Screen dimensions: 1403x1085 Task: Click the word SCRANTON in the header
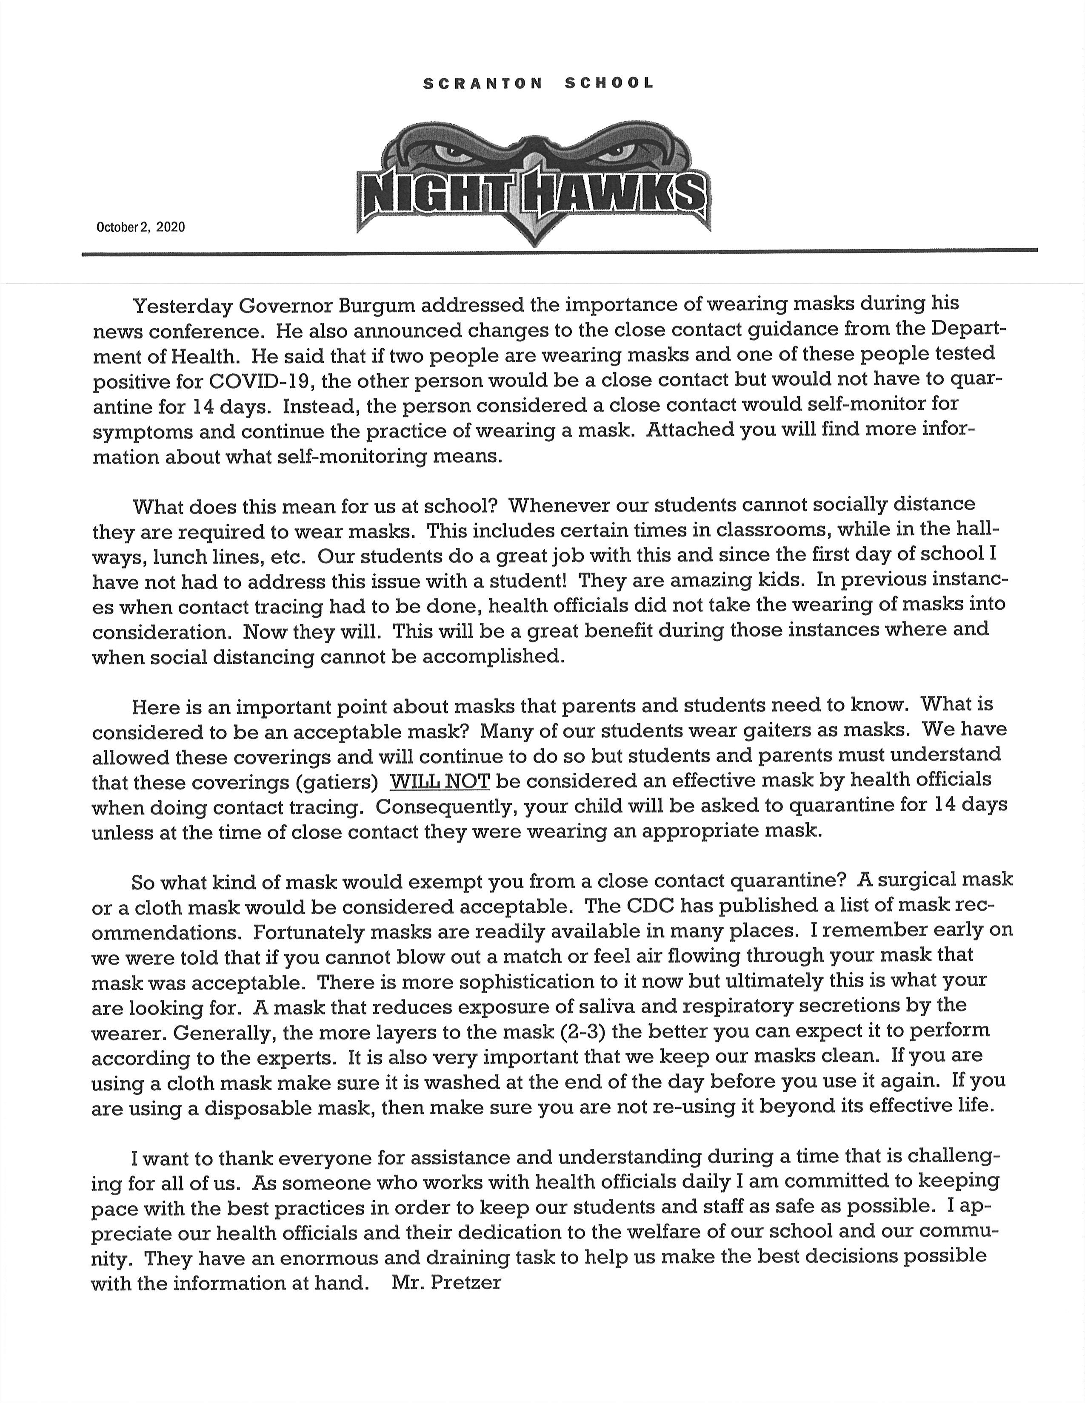[483, 83]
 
